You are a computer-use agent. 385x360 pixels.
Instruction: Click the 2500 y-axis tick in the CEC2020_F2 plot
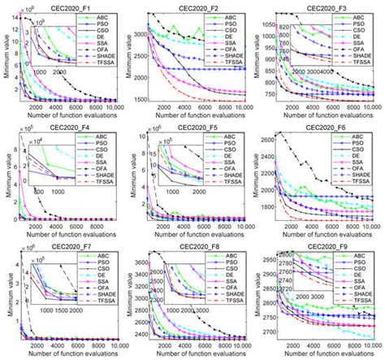coord(141,56)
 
